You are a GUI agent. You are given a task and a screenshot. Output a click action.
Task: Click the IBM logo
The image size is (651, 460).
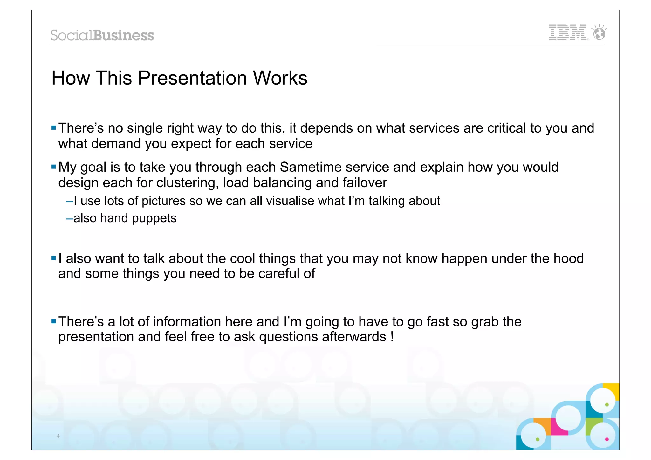(568, 32)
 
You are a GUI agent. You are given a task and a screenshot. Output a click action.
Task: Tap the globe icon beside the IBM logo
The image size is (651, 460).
(600, 33)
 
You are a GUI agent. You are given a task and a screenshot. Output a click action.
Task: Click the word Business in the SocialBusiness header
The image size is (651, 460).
(124, 35)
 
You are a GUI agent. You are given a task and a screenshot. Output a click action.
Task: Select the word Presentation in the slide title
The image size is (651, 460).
(192, 78)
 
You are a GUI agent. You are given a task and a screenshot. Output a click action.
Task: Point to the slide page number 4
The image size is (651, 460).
(58, 436)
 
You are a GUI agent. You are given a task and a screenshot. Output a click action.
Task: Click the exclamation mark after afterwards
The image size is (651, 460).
(392, 337)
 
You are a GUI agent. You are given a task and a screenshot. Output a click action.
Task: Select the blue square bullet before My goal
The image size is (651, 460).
(53, 167)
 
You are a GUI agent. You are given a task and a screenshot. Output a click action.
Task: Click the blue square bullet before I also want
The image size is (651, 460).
(53, 258)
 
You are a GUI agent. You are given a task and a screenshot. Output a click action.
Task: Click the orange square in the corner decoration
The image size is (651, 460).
(542, 424)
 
